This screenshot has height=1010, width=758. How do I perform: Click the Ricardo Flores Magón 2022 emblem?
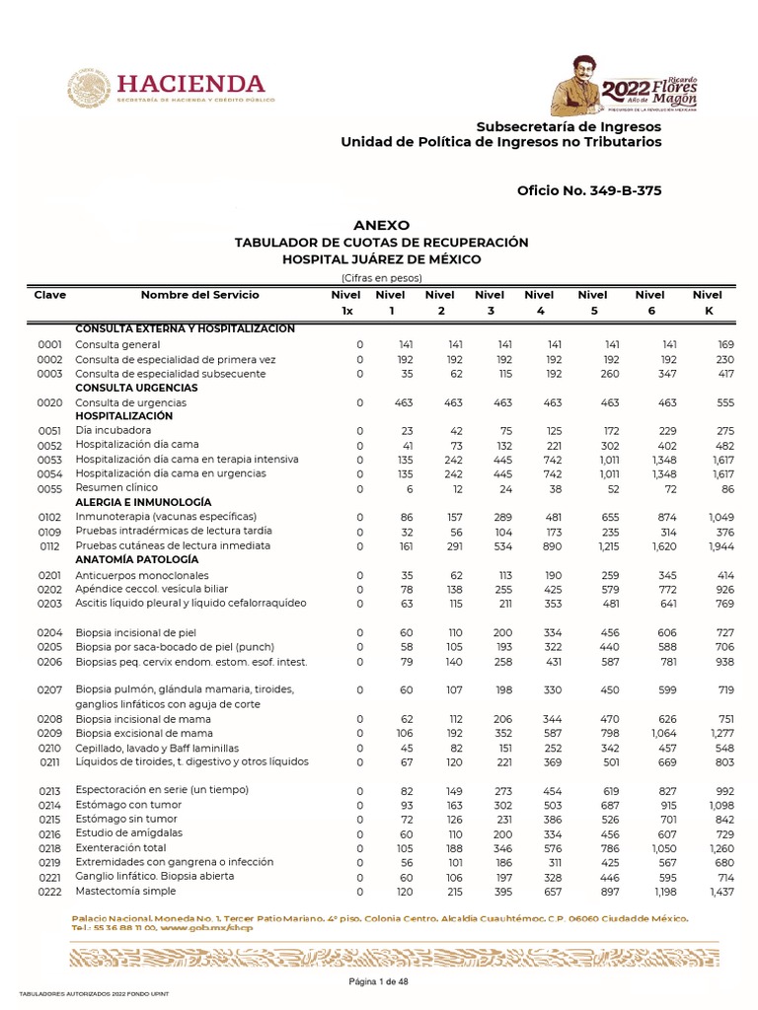[x=624, y=88]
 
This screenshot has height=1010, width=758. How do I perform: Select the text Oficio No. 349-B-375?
[x=589, y=190]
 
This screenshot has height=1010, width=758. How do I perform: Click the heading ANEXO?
[x=381, y=225]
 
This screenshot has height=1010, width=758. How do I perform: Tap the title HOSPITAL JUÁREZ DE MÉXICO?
[x=381, y=259]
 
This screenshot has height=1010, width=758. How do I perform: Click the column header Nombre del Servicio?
[x=199, y=295]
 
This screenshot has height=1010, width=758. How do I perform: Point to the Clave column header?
[x=50, y=295]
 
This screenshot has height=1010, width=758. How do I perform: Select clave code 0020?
[x=50, y=403]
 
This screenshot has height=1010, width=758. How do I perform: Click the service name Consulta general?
[x=117, y=345]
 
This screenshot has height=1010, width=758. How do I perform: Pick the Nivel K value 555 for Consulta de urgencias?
[x=724, y=403]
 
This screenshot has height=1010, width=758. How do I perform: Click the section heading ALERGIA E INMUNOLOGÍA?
[x=143, y=502]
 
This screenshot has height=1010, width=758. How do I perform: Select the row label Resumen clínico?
[x=115, y=489]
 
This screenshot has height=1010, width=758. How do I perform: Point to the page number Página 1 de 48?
[x=379, y=982]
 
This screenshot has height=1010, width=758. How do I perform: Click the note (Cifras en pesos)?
[x=381, y=278]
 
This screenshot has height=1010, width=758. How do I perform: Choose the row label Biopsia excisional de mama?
[x=144, y=734]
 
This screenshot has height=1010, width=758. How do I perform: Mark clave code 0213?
[x=50, y=791]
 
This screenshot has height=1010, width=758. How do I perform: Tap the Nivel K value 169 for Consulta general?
[x=724, y=345]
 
